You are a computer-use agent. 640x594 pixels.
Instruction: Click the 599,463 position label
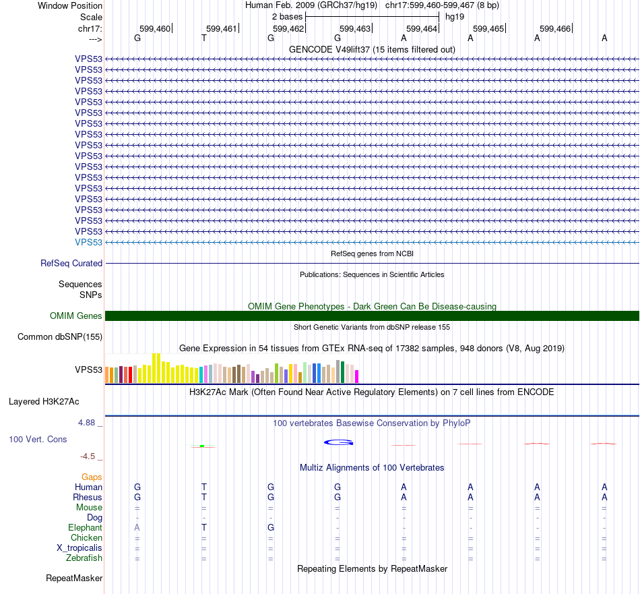click(x=355, y=28)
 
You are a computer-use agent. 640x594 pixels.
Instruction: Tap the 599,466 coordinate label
click(x=555, y=28)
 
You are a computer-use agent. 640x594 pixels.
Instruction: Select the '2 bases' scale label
click(x=287, y=16)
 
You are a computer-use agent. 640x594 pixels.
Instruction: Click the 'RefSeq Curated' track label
click(x=71, y=263)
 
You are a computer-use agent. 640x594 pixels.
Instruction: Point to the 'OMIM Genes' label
click(x=76, y=316)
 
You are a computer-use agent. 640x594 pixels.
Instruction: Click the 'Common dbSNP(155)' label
click(x=60, y=336)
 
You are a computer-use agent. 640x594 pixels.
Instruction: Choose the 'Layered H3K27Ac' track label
click(x=44, y=401)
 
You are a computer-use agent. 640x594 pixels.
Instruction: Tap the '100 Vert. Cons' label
click(x=38, y=439)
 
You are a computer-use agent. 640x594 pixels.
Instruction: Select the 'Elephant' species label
click(x=85, y=527)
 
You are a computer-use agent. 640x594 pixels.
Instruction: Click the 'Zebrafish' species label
click(x=84, y=558)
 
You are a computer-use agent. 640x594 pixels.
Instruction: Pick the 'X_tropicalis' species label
click(x=79, y=547)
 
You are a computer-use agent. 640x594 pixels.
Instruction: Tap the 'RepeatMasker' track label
click(x=74, y=578)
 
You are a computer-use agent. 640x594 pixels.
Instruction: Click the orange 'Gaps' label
click(x=92, y=477)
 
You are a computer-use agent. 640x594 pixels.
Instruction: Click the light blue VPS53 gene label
click(x=89, y=242)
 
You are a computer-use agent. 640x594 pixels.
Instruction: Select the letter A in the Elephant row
click(x=137, y=527)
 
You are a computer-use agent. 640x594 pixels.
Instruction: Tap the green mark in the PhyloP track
click(x=202, y=446)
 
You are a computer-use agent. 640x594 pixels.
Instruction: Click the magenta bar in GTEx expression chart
click(x=357, y=376)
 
